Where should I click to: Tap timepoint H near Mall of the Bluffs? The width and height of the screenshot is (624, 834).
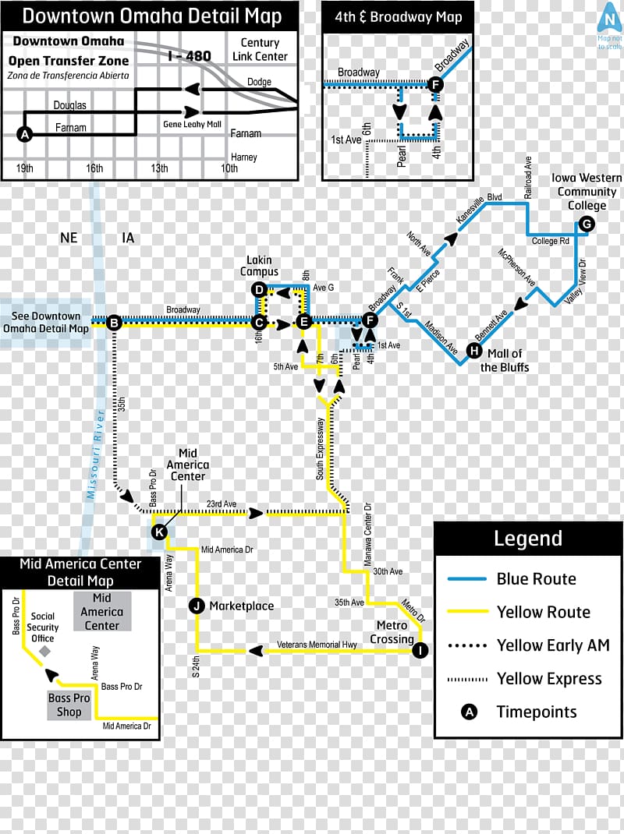coord(473,351)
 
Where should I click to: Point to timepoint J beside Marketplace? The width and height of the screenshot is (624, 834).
coord(197,606)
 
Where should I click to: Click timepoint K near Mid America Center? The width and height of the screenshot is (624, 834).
coord(158,532)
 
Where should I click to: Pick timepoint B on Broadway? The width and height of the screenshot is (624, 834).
coord(114,321)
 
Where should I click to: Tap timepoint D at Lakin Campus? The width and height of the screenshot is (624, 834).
coord(260,290)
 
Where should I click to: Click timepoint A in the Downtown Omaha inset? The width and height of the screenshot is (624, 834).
coord(25,134)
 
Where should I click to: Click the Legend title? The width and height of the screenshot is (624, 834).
coord(527,539)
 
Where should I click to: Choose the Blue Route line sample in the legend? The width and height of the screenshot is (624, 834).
coord(468,579)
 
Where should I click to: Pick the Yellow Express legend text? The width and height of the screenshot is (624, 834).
coord(549,679)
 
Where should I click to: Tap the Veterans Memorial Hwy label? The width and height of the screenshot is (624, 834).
coord(317,645)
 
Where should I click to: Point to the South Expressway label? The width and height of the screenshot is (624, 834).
coord(321,448)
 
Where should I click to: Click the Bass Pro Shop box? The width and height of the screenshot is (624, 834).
coord(69,705)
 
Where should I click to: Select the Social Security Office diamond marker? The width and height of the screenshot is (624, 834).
coord(45,650)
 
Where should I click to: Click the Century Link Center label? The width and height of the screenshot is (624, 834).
coord(260,50)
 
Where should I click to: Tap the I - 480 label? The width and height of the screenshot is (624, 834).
coord(190,55)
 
